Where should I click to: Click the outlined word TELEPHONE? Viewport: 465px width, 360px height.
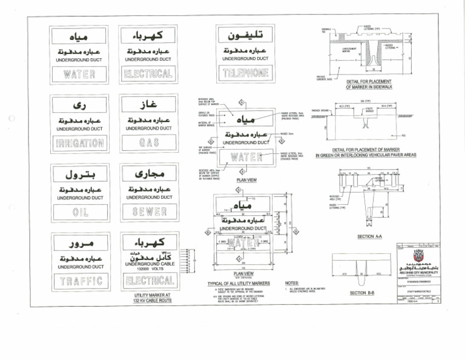point(246,73)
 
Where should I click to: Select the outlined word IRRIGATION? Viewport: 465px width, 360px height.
point(80,143)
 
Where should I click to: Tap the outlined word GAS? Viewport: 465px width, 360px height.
point(148,143)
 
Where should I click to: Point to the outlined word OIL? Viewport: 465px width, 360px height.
point(80,213)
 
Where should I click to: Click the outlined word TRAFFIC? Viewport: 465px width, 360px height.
point(80,281)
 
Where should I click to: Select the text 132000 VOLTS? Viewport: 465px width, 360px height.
point(148,270)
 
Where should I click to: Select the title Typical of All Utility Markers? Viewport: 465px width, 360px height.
point(238,283)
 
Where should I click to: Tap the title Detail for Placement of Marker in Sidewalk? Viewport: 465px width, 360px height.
point(369,84)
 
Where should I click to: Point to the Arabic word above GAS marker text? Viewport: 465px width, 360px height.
point(148,104)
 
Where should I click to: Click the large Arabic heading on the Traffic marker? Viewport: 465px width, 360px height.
point(80,244)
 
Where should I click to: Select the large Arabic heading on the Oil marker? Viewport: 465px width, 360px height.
point(80,175)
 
